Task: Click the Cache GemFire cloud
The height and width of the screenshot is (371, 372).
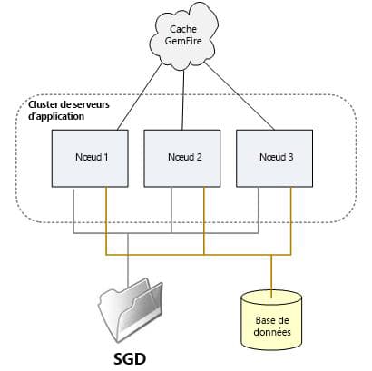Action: (185, 41)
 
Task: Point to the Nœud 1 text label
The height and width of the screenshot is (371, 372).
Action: (91, 157)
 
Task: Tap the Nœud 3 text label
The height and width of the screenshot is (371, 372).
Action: (277, 157)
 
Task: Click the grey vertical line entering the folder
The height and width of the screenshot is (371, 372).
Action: (129, 263)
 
